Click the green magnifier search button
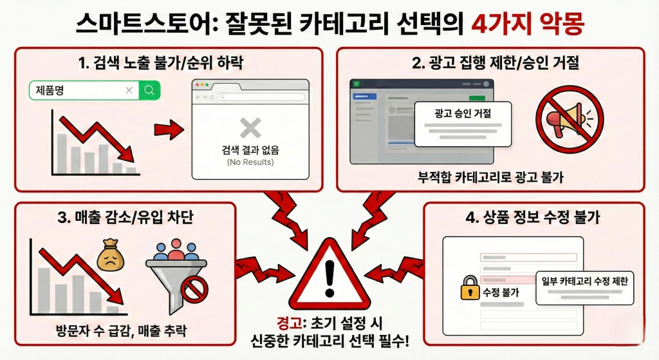point(150,90)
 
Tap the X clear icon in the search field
point(129,90)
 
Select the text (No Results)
point(250,162)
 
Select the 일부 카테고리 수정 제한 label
point(585,280)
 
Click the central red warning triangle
point(330,276)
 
